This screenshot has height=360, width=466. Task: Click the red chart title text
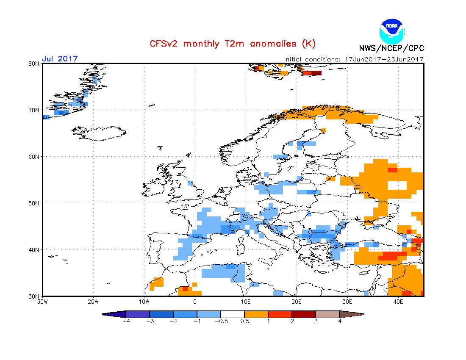tap(233, 44)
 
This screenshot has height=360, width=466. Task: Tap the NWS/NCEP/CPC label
tap(391, 48)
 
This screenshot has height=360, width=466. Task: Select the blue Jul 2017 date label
tap(60, 59)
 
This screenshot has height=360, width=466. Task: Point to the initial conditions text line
tap(354, 59)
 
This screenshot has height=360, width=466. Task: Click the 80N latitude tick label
tap(34, 64)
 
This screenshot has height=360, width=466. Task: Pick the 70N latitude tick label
tap(34, 110)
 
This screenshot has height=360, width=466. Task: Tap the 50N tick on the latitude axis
tap(34, 203)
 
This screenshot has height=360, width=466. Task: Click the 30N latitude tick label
tap(34, 296)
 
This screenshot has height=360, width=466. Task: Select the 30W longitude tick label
tap(42, 302)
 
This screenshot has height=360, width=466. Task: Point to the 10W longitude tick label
tap(144, 302)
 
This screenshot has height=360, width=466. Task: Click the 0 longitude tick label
tap(195, 302)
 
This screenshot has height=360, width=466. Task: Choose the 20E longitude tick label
tap(297, 302)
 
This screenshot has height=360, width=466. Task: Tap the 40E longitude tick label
tap(398, 302)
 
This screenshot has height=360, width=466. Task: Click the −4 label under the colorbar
tap(125, 321)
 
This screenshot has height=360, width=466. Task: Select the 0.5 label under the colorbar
tap(244, 321)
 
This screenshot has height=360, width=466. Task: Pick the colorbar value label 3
tap(316, 321)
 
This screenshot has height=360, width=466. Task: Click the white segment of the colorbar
tap(233, 314)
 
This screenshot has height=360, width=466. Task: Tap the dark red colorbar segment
tap(304, 314)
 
